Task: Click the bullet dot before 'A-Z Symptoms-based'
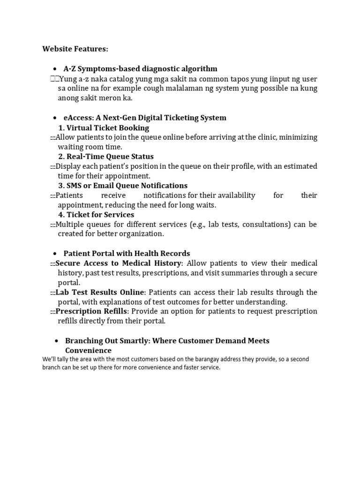(x=55, y=69)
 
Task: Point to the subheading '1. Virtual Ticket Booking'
(x=104, y=127)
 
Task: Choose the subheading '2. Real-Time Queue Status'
(x=105, y=157)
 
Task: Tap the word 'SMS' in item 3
(x=75, y=186)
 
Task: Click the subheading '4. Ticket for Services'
(x=96, y=215)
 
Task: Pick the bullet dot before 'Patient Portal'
(x=55, y=254)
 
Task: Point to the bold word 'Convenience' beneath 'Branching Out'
(x=88, y=351)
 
